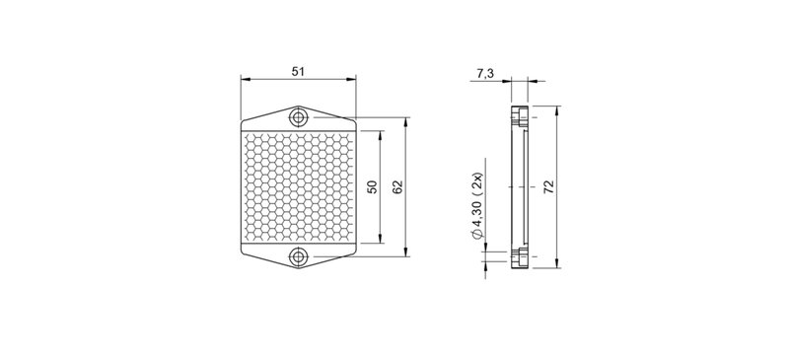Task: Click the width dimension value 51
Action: click(297, 71)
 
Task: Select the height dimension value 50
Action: click(372, 187)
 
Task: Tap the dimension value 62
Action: click(396, 187)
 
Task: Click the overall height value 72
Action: click(548, 187)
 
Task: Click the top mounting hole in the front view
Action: click(297, 117)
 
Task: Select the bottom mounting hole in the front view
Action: click(297, 258)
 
